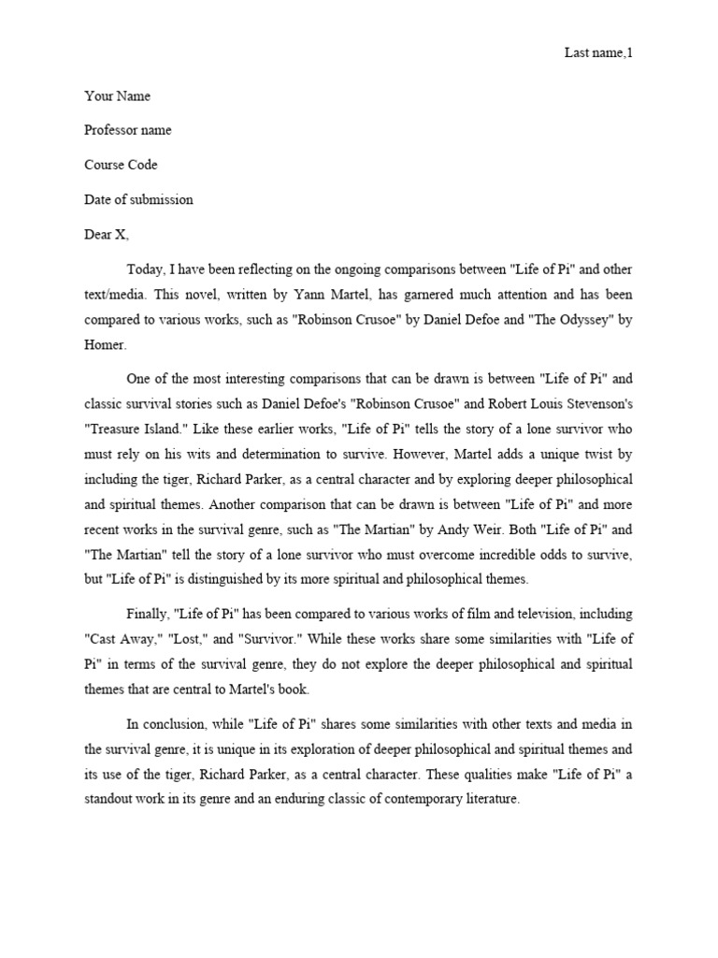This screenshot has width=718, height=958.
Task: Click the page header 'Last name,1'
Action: pos(598,52)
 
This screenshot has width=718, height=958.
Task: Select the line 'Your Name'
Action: pos(117,96)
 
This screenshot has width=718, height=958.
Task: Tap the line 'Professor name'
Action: pos(128,131)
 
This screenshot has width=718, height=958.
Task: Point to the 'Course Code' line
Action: pos(121,166)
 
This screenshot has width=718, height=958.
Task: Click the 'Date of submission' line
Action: pos(138,200)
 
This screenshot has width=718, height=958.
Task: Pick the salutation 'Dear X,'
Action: pos(107,235)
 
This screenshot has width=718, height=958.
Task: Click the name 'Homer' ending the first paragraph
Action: pos(103,343)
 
